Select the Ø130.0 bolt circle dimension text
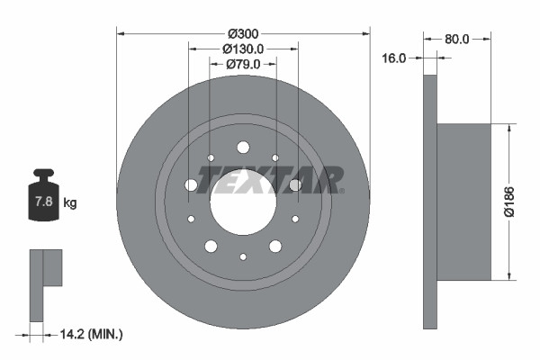(243, 49)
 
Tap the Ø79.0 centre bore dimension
(243, 64)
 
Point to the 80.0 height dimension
(457, 39)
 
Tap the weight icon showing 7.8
(43, 200)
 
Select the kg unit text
(70, 203)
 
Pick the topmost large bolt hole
(243, 148)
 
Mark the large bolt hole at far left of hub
(191, 185)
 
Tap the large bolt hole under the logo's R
(295, 185)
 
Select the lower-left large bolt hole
(211, 246)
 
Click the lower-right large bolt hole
(275, 246)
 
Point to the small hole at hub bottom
(243, 257)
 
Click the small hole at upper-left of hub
(211, 158)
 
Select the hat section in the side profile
(464, 201)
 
